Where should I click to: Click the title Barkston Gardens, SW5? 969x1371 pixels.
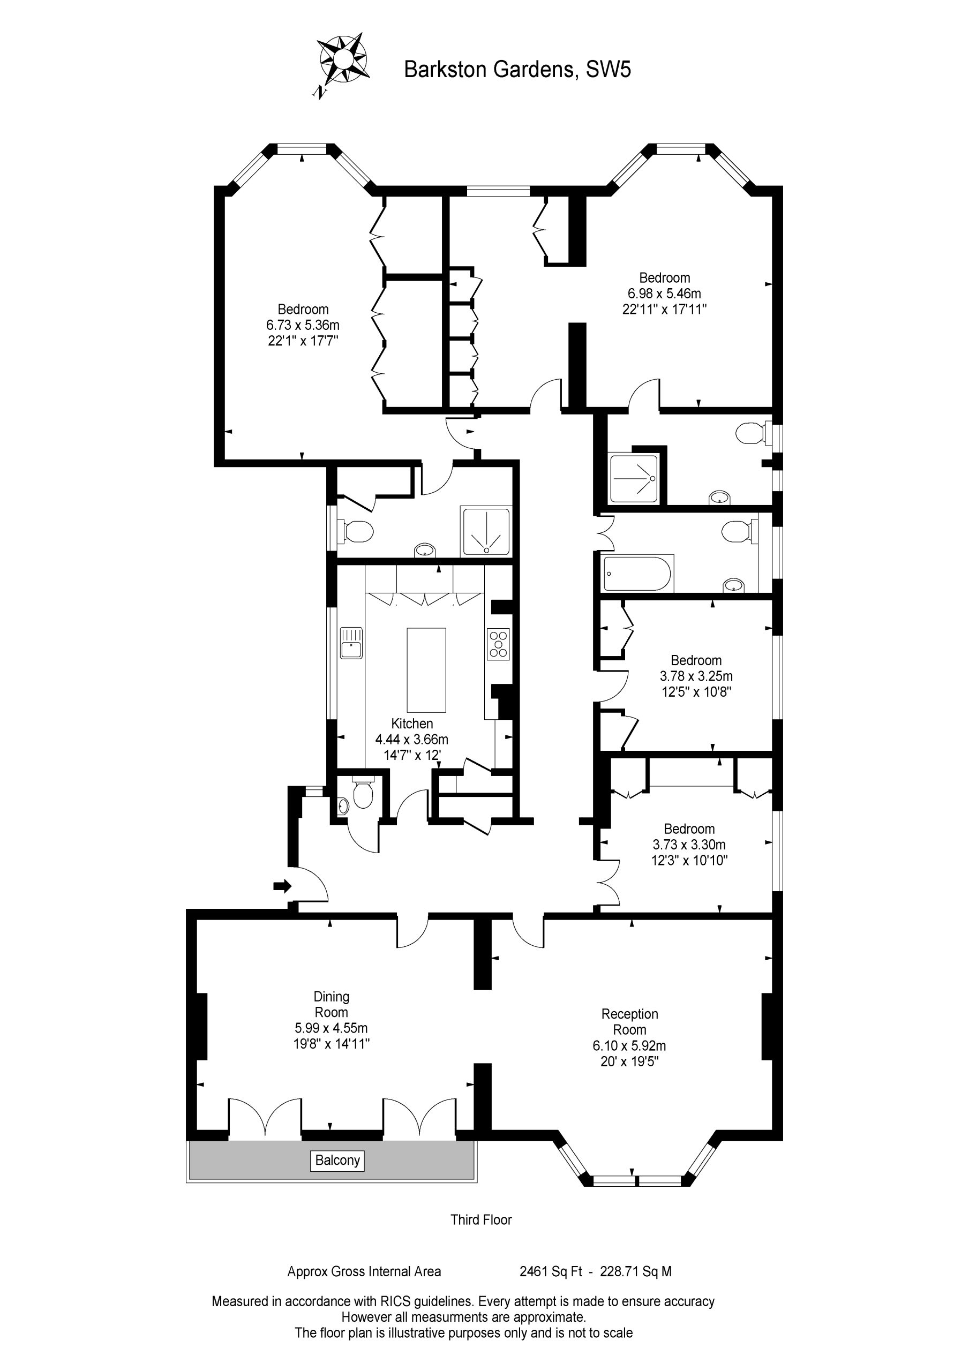(x=517, y=70)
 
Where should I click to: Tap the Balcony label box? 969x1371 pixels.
(x=337, y=1160)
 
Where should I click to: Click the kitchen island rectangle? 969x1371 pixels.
(x=426, y=671)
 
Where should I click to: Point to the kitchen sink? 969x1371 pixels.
(x=351, y=643)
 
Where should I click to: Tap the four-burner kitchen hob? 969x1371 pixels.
(x=498, y=644)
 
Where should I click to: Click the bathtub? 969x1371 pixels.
(x=639, y=574)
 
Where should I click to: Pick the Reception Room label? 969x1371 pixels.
(x=630, y=1022)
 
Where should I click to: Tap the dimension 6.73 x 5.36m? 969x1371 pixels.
(x=303, y=325)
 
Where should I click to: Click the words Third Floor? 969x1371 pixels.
(x=482, y=1219)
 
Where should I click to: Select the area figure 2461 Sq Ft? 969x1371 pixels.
(x=551, y=1272)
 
